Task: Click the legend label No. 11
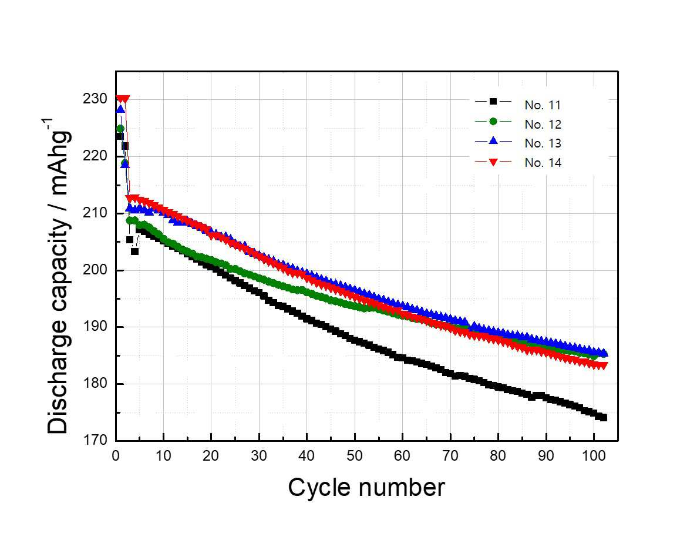pyautogui.click(x=543, y=105)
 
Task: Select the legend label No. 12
pyautogui.click(x=543, y=125)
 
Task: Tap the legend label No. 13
pyautogui.click(x=543, y=143)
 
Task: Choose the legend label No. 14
pyautogui.click(x=543, y=163)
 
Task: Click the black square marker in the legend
pyautogui.click(x=493, y=102)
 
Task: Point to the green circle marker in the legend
pyautogui.click(x=493, y=122)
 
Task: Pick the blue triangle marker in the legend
pyautogui.click(x=493, y=140)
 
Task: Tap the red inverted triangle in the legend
pyautogui.click(x=493, y=162)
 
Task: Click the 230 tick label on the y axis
pyautogui.click(x=95, y=99)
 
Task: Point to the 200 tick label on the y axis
pyautogui.click(x=95, y=270)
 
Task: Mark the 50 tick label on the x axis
pyautogui.click(x=355, y=456)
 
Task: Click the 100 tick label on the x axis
pyautogui.click(x=594, y=456)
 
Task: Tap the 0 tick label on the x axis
pyautogui.click(x=116, y=456)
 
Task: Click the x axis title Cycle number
pyautogui.click(x=366, y=487)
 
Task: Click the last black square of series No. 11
pyautogui.click(x=603, y=418)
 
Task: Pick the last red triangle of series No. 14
pyautogui.click(x=603, y=365)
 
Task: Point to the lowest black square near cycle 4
pyautogui.click(x=134, y=251)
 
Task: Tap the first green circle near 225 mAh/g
pyautogui.click(x=120, y=129)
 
